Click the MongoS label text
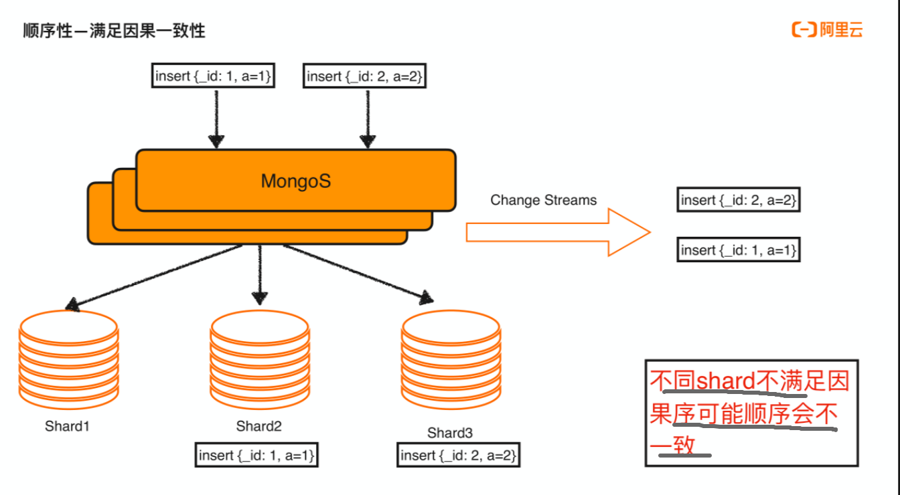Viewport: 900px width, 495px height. pyautogui.click(x=295, y=181)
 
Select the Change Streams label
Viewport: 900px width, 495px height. pyautogui.click(x=543, y=200)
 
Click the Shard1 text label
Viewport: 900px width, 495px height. pyautogui.click(x=67, y=426)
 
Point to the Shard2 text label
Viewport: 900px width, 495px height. pyautogui.click(x=258, y=426)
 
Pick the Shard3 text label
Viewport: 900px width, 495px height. pyautogui.click(x=450, y=433)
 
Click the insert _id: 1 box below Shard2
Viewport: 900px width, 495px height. pyautogui.click(x=256, y=456)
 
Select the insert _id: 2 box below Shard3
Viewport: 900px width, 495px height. pyautogui.click(x=459, y=456)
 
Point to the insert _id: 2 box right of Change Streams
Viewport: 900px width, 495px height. pyautogui.click(x=739, y=200)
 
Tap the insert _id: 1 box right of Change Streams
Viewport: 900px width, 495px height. pyautogui.click(x=739, y=250)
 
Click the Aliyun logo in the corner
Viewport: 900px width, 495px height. pyautogui.click(x=827, y=29)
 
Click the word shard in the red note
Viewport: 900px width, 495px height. pyautogui.click(x=726, y=382)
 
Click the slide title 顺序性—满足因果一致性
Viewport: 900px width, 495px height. pyautogui.click(x=114, y=31)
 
